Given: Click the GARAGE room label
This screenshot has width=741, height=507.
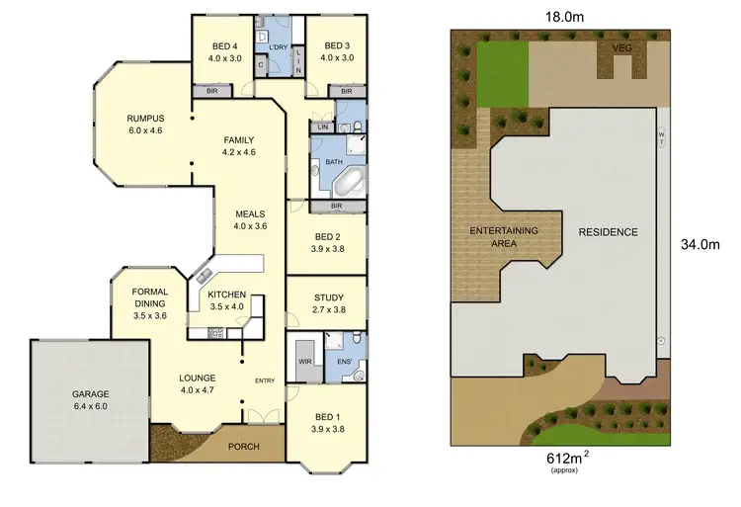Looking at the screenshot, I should (90, 393).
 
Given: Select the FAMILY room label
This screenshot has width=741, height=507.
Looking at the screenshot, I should (239, 139).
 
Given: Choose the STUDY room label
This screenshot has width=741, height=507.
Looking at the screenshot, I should (328, 296).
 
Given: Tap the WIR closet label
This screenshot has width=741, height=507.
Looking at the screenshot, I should (304, 362).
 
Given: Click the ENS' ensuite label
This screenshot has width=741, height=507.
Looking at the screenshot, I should (344, 362).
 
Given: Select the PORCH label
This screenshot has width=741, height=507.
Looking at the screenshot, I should (243, 447).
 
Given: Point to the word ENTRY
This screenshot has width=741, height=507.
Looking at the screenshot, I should (265, 381).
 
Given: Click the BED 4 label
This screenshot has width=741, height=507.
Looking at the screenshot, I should (225, 46).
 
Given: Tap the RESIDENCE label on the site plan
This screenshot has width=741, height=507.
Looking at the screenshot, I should (608, 232).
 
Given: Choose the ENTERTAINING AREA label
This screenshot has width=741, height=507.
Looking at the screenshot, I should (504, 237).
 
